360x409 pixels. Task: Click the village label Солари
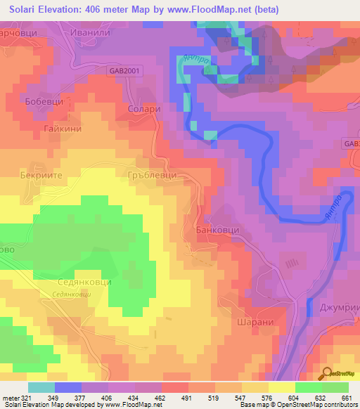(x=146, y=110)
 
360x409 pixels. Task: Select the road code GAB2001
(x=124, y=71)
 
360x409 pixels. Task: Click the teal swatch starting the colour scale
(x=41, y=387)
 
